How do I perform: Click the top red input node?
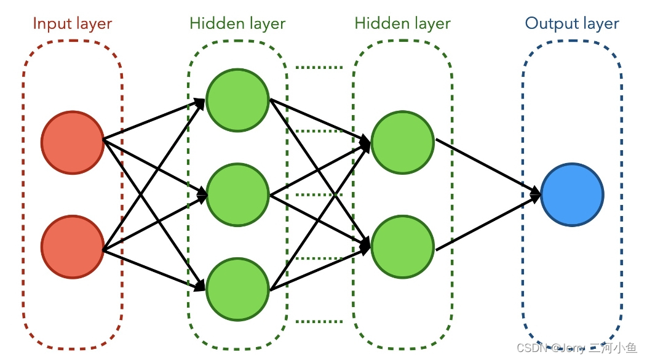coord(72,142)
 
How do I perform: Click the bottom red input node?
coord(72,247)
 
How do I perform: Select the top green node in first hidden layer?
coord(237,100)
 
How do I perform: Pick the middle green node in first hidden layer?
coord(237,195)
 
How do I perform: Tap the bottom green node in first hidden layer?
coord(237,289)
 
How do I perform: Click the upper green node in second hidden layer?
coord(403,143)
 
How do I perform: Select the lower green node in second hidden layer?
coord(403,246)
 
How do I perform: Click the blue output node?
coord(572,194)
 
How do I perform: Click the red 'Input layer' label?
coord(72,24)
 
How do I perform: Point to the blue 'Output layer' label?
coord(572,24)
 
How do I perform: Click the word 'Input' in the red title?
coord(52,24)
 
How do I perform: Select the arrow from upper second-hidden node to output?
coord(486,167)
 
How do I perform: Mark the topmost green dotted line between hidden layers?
coord(319,66)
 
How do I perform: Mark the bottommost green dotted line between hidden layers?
coord(319,321)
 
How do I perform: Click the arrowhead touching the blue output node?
coord(535,194)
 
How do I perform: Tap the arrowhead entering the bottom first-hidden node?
coord(200,287)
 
